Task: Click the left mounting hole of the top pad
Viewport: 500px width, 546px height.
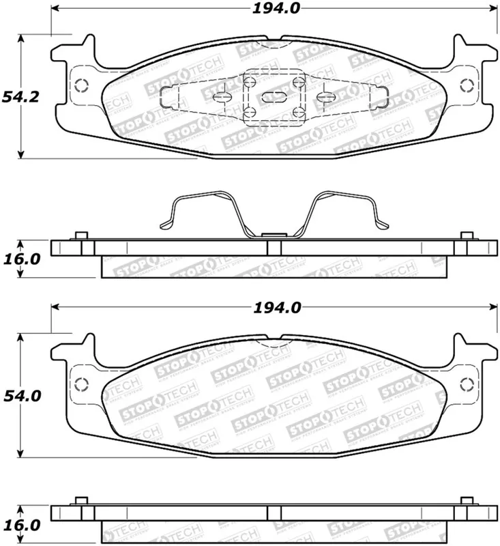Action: pos(81,86)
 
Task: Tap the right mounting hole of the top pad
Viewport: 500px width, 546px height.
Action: pos(467,86)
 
